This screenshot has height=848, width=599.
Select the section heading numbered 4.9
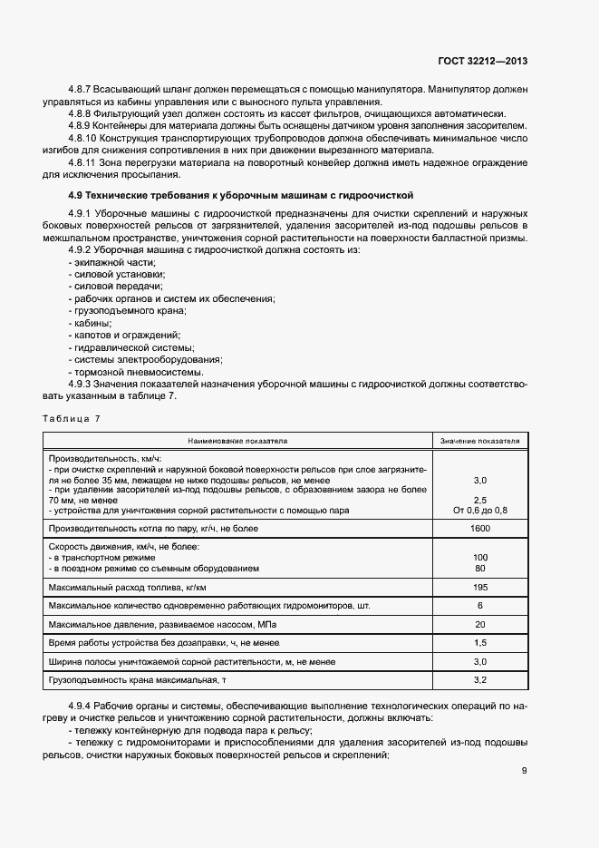tap(241, 194)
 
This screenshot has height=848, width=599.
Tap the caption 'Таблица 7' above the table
tap(72, 418)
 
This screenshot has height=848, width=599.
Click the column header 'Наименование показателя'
tap(237, 441)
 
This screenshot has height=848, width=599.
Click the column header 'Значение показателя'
tap(480, 441)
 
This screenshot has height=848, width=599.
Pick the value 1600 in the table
tap(480, 529)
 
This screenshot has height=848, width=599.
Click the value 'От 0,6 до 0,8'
tap(480, 512)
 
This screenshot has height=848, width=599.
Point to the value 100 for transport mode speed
tap(480, 557)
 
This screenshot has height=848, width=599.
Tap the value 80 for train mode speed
tap(480, 569)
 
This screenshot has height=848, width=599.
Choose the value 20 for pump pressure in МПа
tap(480, 624)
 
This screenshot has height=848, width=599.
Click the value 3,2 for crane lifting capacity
tap(480, 678)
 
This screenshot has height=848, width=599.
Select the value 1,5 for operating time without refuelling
tap(480, 642)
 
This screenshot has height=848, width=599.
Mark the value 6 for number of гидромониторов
tap(480, 605)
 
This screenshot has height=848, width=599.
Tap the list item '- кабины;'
tap(90, 323)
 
